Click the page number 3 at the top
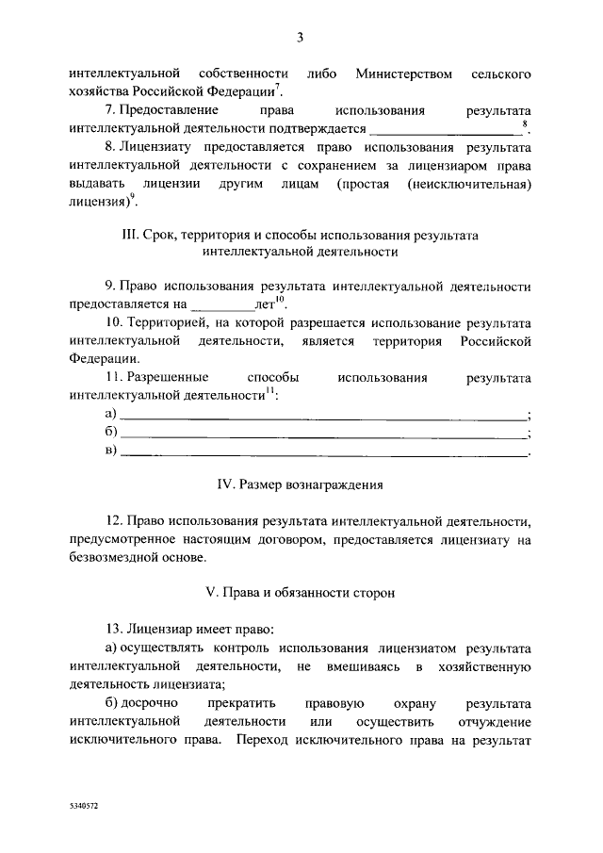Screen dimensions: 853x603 click(x=300, y=38)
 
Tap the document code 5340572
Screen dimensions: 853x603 click(x=83, y=809)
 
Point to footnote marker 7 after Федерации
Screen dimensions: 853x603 click(x=277, y=88)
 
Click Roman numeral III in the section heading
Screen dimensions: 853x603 click(x=130, y=234)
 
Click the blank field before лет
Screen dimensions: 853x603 click(x=222, y=305)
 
